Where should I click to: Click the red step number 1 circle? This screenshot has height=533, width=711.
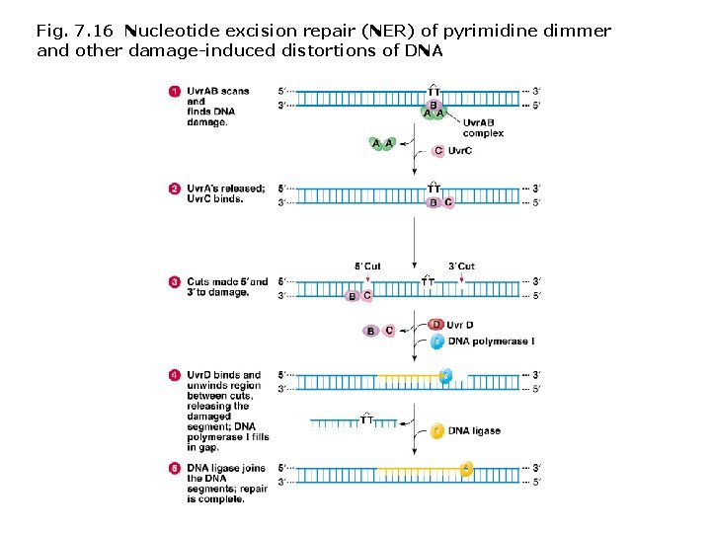[x=175, y=92]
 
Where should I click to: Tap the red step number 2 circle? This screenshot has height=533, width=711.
[x=175, y=189]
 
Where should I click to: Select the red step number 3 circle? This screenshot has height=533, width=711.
[x=175, y=282]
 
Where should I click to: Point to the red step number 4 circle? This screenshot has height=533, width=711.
[x=175, y=375]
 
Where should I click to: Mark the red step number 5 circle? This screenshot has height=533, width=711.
[x=175, y=468]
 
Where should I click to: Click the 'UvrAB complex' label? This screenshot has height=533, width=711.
[x=483, y=128]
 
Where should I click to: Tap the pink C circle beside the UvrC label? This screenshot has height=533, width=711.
[x=438, y=151]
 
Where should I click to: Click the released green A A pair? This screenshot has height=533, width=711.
[x=383, y=144]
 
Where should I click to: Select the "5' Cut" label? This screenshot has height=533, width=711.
[x=367, y=266]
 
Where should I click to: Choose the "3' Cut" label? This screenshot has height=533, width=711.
[x=461, y=266]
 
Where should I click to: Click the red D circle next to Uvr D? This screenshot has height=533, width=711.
[x=437, y=325]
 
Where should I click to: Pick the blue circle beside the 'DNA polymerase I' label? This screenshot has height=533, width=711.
[x=437, y=342]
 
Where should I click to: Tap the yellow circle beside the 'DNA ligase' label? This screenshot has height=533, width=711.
[x=437, y=431]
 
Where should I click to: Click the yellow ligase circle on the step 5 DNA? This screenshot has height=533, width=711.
[x=466, y=469]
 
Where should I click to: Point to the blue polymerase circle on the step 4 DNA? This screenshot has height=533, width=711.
[x=445, y=375]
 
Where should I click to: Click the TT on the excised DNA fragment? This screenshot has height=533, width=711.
[x=366, y=419]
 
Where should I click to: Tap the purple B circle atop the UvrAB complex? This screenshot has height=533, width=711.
[x=434, y=104]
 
